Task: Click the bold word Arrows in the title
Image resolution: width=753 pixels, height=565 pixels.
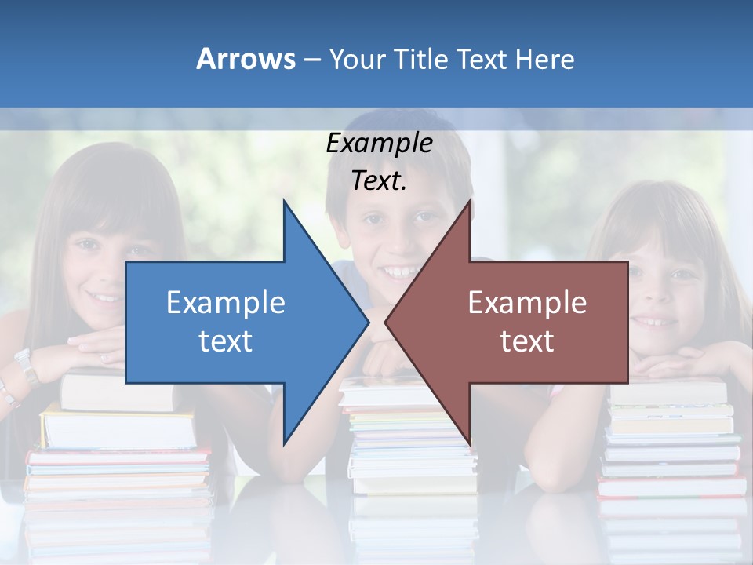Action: coord(245,59)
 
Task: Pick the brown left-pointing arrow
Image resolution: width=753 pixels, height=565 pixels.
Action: coord(518,322)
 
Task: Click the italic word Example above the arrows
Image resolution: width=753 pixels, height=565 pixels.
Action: coord(379,144)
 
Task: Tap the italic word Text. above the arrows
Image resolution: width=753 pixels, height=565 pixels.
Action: coord(379,181)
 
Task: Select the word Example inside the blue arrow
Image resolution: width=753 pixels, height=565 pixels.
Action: coord(225,303)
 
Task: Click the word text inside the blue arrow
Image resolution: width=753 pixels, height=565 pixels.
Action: coord(225,341)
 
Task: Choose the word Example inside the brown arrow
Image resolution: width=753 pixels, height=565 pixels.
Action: coord(527,303)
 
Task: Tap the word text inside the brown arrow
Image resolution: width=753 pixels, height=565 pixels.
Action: coord(527,341)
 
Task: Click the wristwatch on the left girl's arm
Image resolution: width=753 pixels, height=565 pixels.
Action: coord(26,366)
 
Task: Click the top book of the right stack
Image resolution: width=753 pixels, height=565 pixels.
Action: coord(667,392)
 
